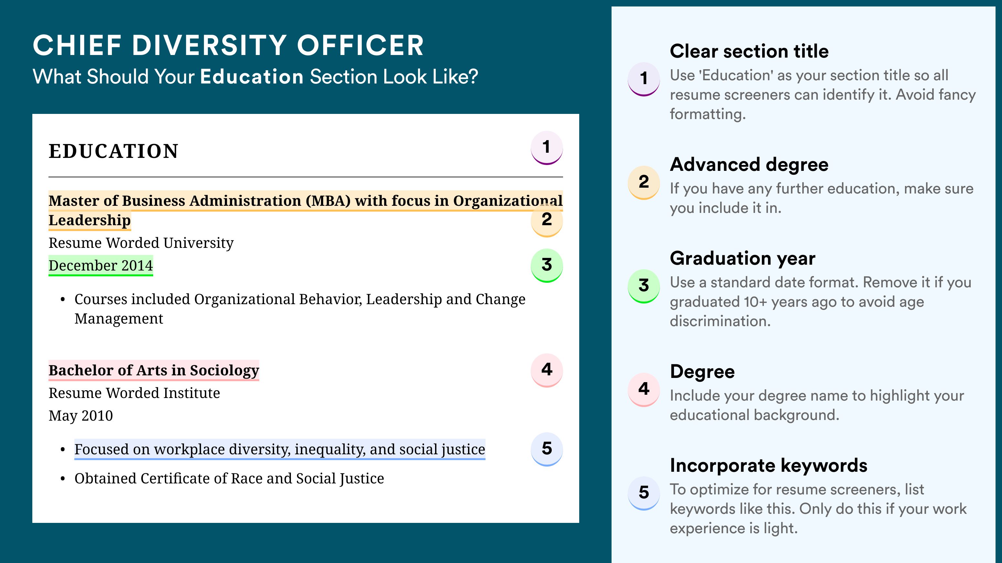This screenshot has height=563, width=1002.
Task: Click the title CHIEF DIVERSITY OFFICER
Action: tap(228, 45)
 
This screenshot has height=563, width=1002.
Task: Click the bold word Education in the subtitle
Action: tap(252, 76)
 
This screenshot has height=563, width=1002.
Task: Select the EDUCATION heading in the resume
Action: tap(113, 151)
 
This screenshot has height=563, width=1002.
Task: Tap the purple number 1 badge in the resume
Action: tap(547, 148)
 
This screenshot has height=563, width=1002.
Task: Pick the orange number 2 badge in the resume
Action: tap(547, 220)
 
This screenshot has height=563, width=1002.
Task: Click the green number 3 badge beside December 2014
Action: tap(547, 266)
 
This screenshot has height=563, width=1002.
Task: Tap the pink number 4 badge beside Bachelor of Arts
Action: tap(547, 370)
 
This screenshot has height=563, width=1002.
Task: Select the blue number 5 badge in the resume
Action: tap(547, 449)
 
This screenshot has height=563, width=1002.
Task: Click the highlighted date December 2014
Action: tap(101, 266)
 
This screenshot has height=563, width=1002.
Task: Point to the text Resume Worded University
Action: tap(141, 243)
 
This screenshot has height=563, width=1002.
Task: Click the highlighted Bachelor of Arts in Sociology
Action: tap(154, 370)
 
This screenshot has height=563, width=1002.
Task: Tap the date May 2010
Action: tap(81, 416)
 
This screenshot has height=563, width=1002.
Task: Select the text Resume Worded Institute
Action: tap(134, 393)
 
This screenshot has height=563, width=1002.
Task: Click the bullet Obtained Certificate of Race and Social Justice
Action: tap(229, 479)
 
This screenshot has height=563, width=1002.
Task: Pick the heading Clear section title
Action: tap(749, 51)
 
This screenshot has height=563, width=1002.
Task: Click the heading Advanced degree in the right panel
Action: tap(749, 165)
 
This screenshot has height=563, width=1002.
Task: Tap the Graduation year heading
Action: tap(742, 258)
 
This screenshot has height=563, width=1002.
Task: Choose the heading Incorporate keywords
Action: tap(769, 465)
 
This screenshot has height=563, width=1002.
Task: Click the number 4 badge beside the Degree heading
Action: tap(644, 389)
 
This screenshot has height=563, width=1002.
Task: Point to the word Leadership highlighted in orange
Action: tap(90, 220)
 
